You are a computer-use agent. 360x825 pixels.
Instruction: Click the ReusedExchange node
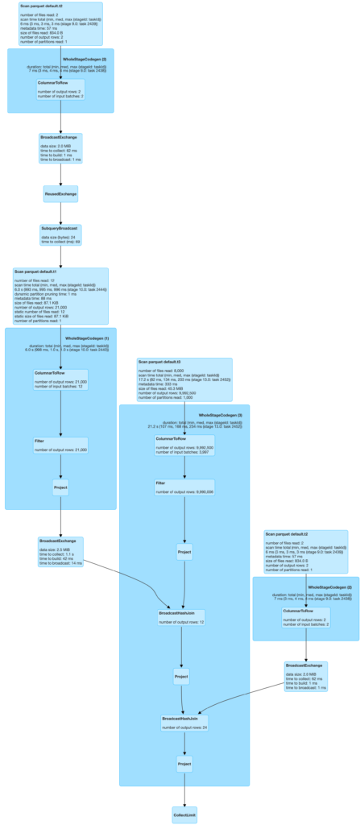pyautogui.click(x=60, y=193)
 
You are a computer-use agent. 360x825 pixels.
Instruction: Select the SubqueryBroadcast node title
pyautogui.click(x=60, y=229)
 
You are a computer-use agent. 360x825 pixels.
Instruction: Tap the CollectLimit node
pyautogui.click(x=184, y=815)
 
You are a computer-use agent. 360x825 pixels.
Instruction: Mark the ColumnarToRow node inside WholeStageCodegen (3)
pyautogui.click(x=184, y=445)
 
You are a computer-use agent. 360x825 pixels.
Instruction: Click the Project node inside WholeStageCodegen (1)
pyautogui.click(x=60, y=487)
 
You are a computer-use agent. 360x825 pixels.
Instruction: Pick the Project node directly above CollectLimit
pyautogui.click(x=184, y=763)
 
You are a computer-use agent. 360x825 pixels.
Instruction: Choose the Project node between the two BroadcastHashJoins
pyautogui.click(x=182, y=677)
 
